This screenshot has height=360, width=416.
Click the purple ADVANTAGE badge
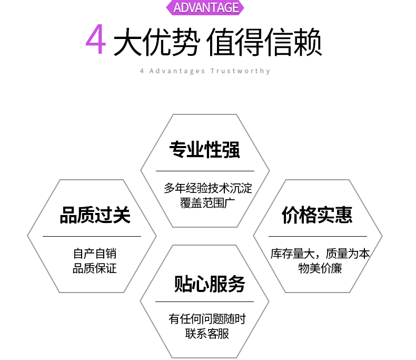point(206,7)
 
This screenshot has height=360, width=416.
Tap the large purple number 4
point(96,41)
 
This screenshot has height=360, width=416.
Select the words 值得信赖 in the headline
point(264,42)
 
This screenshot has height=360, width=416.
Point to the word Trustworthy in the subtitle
point(241,71)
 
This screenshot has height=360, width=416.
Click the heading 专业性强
point(204,150)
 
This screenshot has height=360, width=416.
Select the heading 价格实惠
point(317,215)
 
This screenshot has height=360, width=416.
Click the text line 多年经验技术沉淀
point(208,188)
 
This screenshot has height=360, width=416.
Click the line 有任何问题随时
point(207,319)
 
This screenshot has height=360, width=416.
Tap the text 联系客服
point(207,334)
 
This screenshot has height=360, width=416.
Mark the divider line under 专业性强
point(205,171)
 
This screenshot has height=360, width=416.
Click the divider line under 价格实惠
point(318,236)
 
